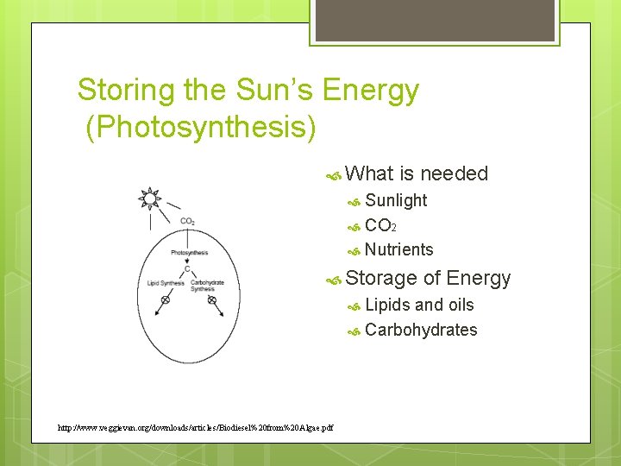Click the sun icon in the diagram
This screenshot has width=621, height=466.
pos(150,199)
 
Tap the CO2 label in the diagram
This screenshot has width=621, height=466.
pos(187,222)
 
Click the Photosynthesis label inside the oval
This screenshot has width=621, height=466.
pos(189,253)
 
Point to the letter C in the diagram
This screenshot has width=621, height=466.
pos(187,268)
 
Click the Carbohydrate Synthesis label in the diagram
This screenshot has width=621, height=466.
pos(208,286)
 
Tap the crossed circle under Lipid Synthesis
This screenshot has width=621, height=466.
pos(166,299)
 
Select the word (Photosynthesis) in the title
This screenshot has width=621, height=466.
pos(201,128)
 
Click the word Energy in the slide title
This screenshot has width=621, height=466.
pos(371,90)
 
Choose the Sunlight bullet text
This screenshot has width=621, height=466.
pos(396,200)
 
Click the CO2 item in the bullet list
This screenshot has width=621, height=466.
pos(380,225)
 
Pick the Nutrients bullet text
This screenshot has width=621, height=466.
pos(399,249)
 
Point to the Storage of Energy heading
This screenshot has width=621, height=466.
pos(428,278)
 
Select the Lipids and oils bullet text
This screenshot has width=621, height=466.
pos(419,305)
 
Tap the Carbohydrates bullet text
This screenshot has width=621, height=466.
pos(421,330)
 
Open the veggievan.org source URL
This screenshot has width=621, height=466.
pos(195,427)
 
